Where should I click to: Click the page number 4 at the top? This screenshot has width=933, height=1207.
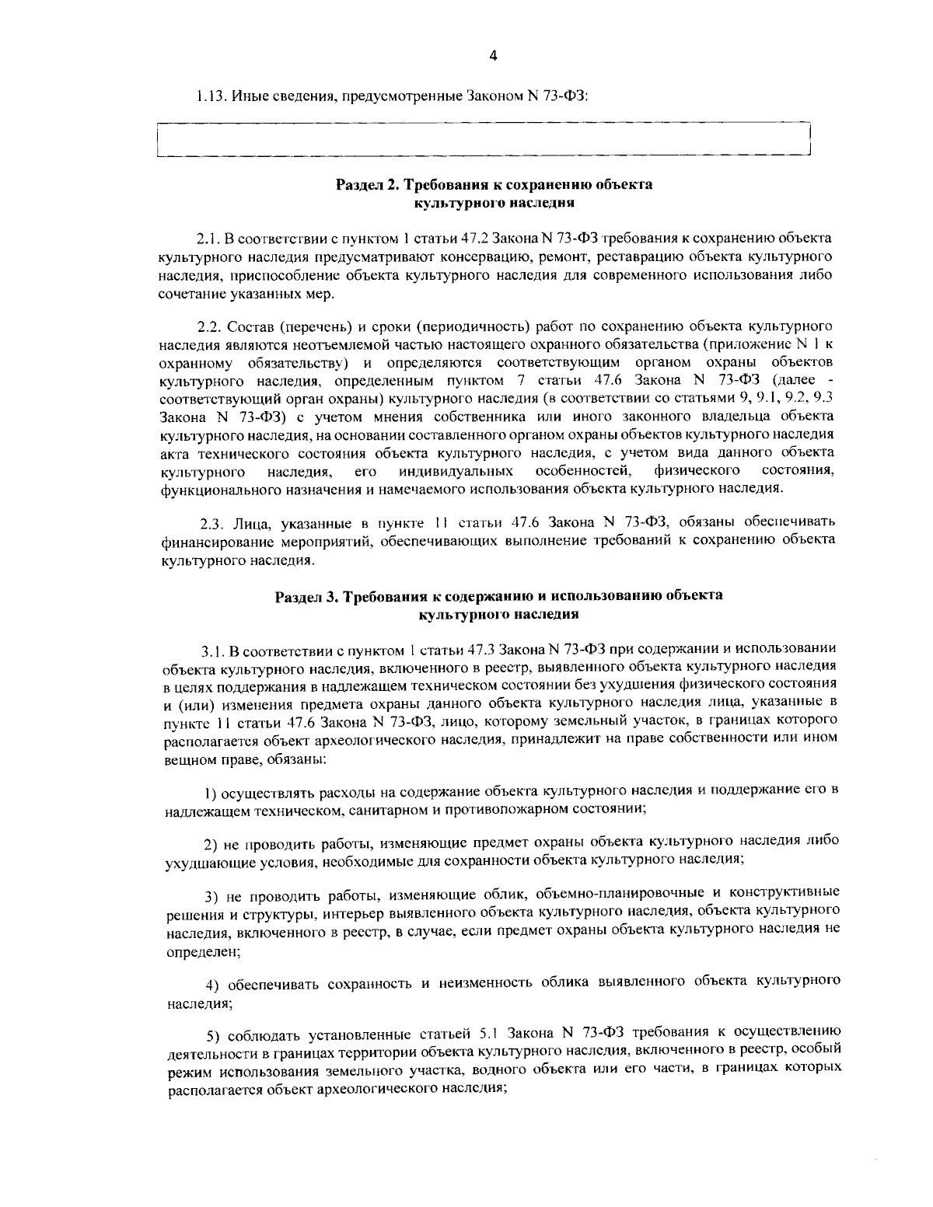492,55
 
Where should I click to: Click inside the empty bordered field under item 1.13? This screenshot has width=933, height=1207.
482,141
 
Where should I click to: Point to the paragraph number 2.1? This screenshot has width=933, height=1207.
207,236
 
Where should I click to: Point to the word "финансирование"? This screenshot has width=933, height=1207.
209,541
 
